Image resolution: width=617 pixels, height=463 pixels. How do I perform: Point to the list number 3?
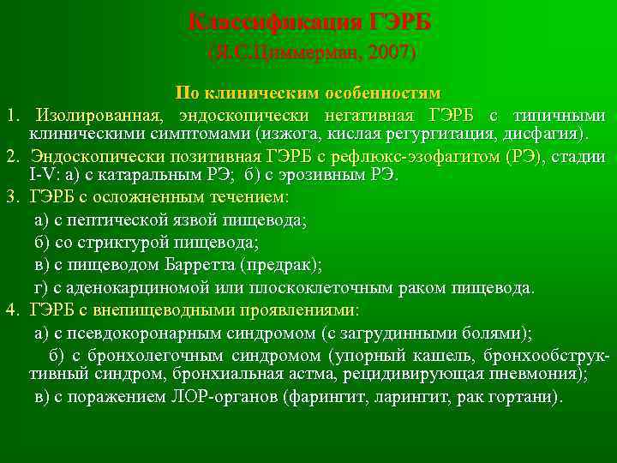click(11, 198)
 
